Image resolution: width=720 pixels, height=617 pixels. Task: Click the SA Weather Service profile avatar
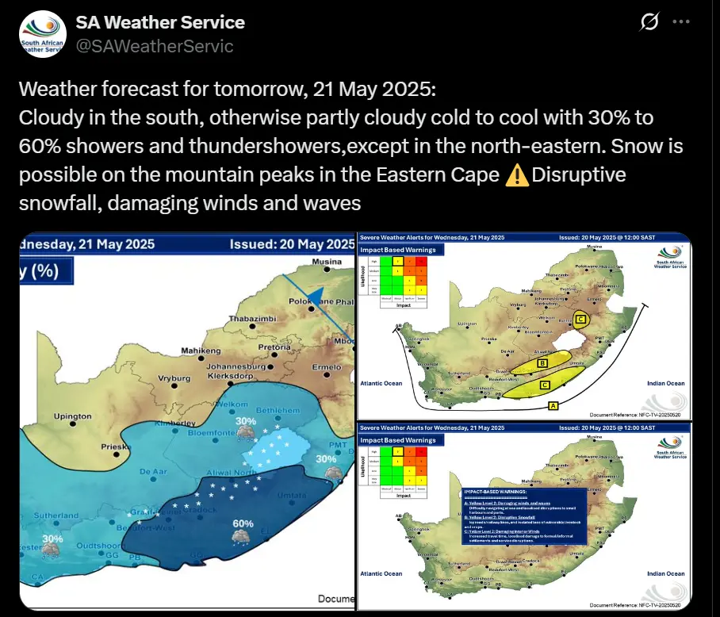tap(42, 34)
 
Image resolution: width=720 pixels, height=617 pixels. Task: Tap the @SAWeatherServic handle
tap(155, 46)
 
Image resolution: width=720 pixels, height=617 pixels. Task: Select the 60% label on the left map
tap(243, 523)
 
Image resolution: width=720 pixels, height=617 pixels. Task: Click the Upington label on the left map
tap(72, 416)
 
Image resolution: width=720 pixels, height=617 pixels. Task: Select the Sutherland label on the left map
tap(58, 515)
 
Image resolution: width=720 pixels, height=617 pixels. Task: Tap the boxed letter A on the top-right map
tap(552, 405)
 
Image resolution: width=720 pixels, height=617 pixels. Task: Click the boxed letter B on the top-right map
tap(543, 362)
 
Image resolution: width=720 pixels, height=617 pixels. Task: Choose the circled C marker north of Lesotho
tap(582, 319)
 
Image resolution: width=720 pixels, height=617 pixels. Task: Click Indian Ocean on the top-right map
tap(665, 383)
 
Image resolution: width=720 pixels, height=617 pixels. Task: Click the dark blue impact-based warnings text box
tap(523, 516)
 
